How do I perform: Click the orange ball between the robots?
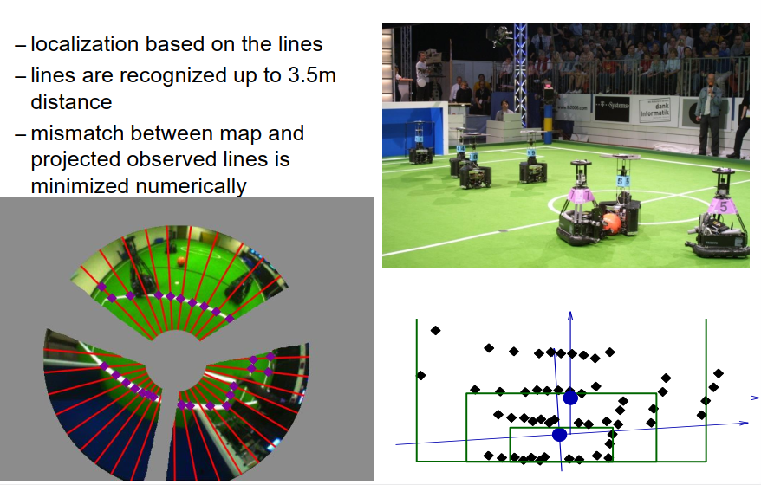(x=611, y=223)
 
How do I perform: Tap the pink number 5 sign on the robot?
(x=721, y=206)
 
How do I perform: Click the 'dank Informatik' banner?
(x=656, y=108)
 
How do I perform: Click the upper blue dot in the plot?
(x=569, y=398)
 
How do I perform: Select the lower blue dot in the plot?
(x=559, y=435)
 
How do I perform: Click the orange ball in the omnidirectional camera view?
(x=180, y=260)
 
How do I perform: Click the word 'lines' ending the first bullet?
(x=301, y=45)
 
